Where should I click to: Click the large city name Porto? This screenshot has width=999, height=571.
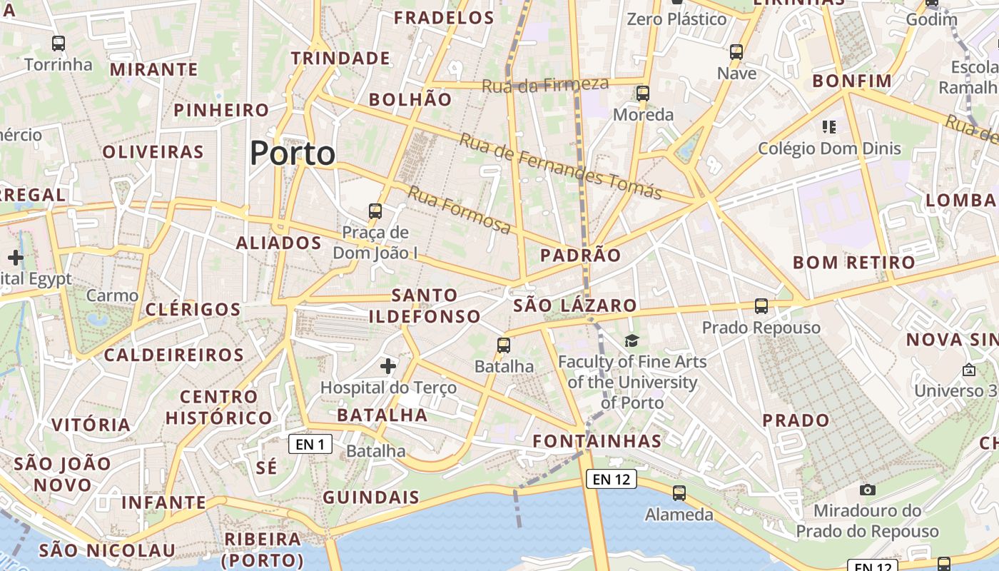[x=293, y=153]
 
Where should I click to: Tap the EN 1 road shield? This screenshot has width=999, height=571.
[x=310, y=445]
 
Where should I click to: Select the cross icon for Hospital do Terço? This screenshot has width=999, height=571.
[x=388, y=366]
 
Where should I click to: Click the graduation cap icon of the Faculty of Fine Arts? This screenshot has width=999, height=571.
[x=632, y=340]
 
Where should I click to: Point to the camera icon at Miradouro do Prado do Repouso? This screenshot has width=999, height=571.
[x=868, y=490]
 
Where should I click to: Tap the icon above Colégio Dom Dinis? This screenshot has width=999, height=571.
[x=828, y=127]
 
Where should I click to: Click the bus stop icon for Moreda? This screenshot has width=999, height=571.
[x=643, y=94]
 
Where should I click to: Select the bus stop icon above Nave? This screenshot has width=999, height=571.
[x=736, y=52]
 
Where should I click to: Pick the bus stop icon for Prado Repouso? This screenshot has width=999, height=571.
[x=761, y=306]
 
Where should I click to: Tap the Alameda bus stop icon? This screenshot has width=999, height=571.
[x=679, y=492]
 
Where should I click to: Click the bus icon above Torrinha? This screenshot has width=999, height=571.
[x=59, y=43]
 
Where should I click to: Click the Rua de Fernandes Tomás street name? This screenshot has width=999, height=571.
[x=560, y=166]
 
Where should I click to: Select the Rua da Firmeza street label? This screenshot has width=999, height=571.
[x=545, y=85]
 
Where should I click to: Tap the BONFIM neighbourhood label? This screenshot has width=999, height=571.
[x=852, y=81]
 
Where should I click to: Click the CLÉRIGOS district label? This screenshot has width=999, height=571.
[x=193, y=309]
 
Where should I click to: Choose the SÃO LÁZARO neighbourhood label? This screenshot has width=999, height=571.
[x=575, y=305]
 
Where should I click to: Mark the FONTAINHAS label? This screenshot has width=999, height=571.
[x=597, y=441]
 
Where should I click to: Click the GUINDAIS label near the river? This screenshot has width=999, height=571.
[x=371, y=497]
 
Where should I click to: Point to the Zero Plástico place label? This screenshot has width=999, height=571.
[x=676, y=19]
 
